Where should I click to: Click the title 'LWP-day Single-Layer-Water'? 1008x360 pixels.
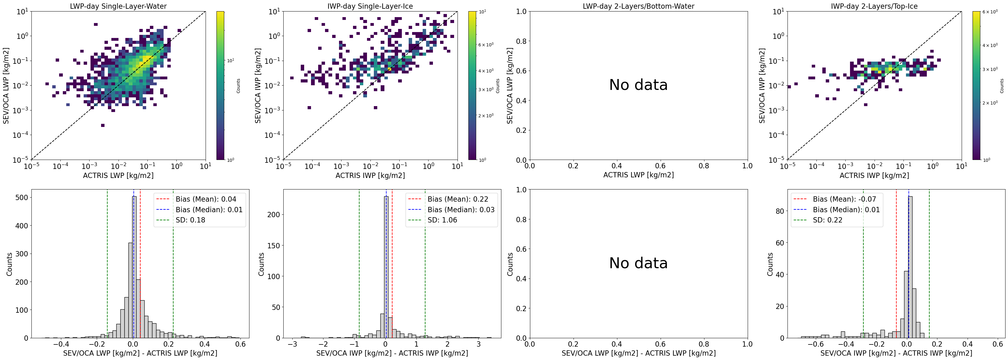[x=118, y=6]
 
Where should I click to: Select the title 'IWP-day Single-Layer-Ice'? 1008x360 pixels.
[x=370, y=6]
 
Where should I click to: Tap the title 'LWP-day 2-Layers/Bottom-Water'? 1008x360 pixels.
[x=638, y=6]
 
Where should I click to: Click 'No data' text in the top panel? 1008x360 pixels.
[x=638, y=85]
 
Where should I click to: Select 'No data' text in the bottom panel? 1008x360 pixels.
[x=638, y=263]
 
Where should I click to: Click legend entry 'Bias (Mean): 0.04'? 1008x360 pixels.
[x=206, y=199]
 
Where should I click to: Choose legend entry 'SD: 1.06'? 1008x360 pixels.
[x=442, y=220]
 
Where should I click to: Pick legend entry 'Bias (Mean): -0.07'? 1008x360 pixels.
[x=844, y=199]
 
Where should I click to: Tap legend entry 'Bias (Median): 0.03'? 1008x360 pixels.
[x=461, y=210]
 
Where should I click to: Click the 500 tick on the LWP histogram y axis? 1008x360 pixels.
[x=22, y=198]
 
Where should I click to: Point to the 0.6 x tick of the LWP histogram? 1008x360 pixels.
[x=240, y=344]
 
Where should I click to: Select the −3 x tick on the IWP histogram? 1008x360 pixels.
[x=292, y=344]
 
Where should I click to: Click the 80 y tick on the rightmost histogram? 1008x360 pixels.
[x=779, y=211]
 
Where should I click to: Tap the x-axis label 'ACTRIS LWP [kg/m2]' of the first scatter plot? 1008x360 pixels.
[x=118, y=175]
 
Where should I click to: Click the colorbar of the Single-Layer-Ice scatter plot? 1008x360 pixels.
[x=472, y=85]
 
